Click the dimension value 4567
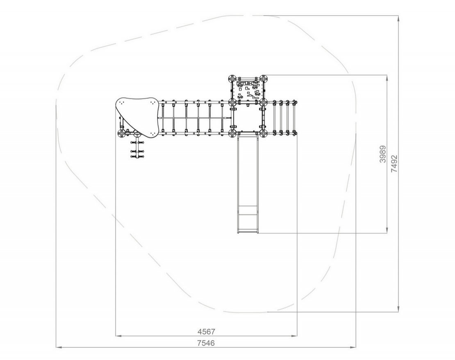tap(206, 331)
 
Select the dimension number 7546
tap(206, 343)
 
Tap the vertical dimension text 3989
tap(383, 154)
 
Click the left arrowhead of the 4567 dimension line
tap(118, 336)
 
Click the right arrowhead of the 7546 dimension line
tap(353, 347)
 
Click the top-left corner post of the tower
tap(232, 79)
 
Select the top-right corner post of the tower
tap(263, 79)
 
